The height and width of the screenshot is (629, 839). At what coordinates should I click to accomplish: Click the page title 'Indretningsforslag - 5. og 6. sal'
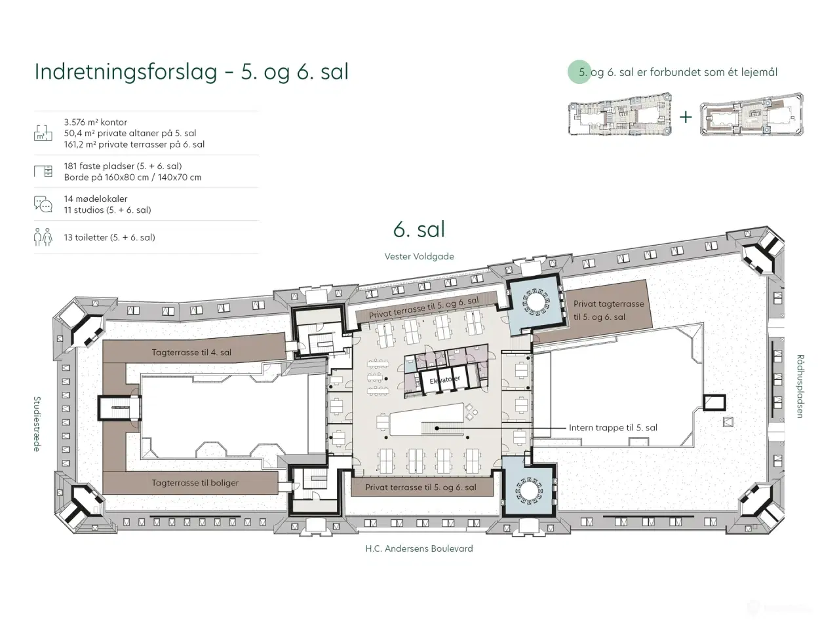[191, 71]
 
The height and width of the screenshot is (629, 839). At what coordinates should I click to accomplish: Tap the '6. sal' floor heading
[419, 229]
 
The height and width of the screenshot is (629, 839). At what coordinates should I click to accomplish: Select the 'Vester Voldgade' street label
[419, 256]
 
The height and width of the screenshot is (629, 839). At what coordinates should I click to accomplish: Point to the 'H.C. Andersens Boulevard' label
[419, 548]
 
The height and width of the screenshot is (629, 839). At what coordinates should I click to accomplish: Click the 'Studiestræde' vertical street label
[37, 423]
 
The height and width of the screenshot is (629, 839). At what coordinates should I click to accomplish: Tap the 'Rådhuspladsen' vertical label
[800, 387]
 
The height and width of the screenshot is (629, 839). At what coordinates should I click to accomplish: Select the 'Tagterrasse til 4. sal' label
[191, 353]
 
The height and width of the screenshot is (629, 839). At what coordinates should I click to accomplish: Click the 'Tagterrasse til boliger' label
[195, 483]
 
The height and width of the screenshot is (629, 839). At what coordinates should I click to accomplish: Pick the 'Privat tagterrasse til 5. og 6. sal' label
[608, 310]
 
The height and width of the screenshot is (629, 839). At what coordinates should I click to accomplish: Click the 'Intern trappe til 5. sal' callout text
[613, 428]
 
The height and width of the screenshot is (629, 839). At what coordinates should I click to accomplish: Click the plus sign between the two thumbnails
[686, 117]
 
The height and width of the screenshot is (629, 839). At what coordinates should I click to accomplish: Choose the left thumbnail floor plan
[620, 118]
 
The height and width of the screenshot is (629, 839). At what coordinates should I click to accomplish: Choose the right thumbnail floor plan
[752, 117]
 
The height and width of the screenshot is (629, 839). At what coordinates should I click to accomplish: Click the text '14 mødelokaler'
[96, 199]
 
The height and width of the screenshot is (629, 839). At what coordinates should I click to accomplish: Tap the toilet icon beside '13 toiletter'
[43, 237]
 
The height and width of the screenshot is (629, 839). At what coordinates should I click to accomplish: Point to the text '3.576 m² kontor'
[96, 122]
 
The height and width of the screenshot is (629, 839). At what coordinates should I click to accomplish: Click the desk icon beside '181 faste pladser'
[43, 172]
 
